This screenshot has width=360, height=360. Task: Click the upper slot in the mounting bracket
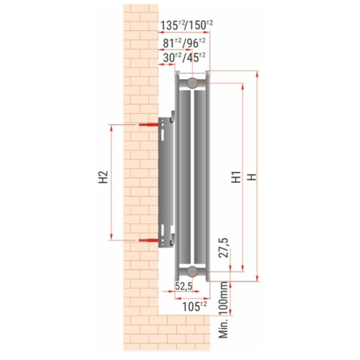(x=167, y=130)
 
